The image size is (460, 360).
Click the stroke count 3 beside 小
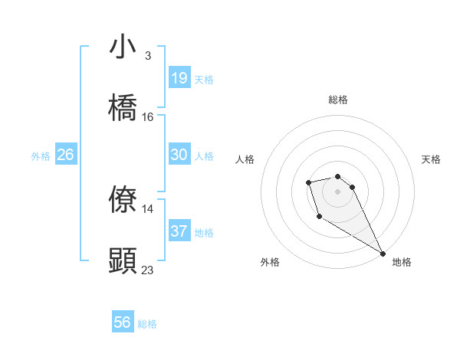coord(147,56)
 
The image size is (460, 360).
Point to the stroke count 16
coord(148,117)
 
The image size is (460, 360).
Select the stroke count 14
coord(148,209)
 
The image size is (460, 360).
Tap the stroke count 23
coord(148,270)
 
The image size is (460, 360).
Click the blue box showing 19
coord(179,78)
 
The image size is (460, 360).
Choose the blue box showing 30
coord(179,155)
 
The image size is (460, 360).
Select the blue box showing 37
coord(179,231)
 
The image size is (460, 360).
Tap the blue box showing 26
coord(65,155)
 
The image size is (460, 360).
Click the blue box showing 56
coord(123,323)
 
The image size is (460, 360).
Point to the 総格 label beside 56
coord(147,324)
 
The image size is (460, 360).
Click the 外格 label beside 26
coord(41,156)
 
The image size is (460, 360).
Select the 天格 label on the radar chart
coord(431,159)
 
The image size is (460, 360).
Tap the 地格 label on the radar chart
coord(402,263)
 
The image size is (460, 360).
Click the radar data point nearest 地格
coord(383,253)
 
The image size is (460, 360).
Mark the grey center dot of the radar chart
coord(337,191)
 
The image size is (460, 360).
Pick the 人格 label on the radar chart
coord(245,159)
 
